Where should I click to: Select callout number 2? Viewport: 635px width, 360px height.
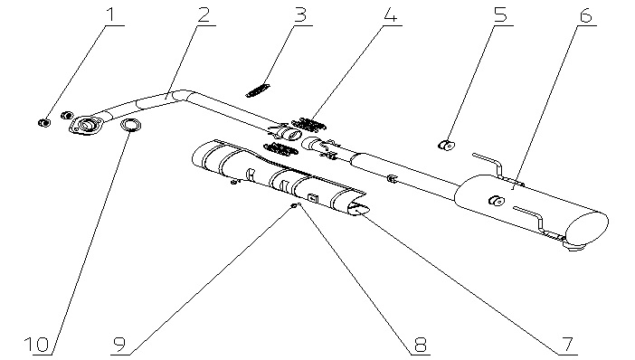click(x=204, y=14)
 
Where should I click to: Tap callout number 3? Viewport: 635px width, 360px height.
click(x=300, y=14)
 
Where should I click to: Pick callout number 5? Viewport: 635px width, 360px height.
click(x=500, y=14)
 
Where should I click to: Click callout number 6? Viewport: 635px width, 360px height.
click(x=585, y=14)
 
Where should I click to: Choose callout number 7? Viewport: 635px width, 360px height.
click(x=567, y=345)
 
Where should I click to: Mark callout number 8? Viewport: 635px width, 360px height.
click(x=420, y=345)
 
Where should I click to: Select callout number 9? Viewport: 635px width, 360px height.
click(x=119, y=345)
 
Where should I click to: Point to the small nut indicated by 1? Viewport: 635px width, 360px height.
click(x=44, y=122)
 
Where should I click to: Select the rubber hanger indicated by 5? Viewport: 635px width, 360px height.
click(x=446, y=144)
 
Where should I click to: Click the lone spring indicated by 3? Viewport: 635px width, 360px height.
click(x=257, y=90)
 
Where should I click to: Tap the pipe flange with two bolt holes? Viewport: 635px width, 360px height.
click(x=86, y=124)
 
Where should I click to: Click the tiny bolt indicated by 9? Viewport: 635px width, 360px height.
click(x=293, y=206)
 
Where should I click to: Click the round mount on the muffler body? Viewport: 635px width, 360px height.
click(x=496, y=200)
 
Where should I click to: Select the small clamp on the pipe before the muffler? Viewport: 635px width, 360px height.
click(x=391, y=178)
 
